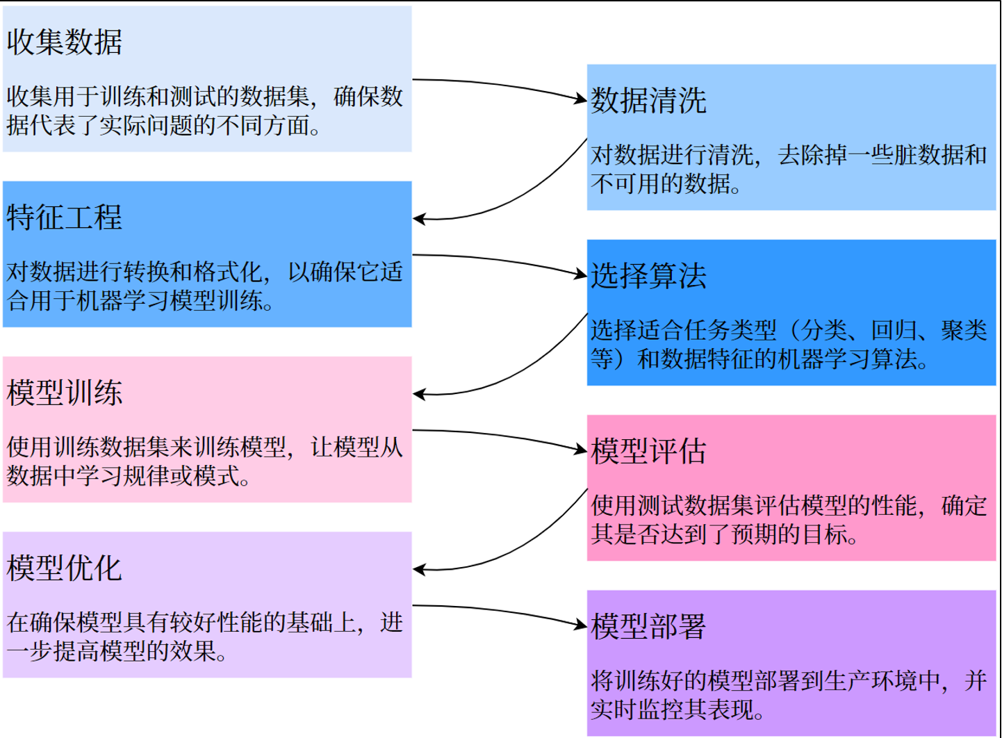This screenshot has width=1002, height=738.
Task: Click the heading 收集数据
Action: [x=65, y=42]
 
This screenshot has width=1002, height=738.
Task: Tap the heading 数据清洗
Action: [x=648, y=100]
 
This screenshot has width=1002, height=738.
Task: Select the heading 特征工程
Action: [x=65, y=217]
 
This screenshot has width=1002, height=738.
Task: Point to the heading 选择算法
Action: [x=648, y=276]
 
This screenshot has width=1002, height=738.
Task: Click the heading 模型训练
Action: [x=65, y=393]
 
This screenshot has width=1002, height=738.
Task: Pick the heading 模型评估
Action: [x=648, y=451]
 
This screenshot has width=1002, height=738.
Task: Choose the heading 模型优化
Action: [x=65, y=568]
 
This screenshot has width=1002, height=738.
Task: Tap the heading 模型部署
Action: [x=648, y=626]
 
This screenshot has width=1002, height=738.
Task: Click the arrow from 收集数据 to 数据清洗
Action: [x=500, y=86]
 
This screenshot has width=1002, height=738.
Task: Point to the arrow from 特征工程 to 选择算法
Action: [x=500, y=261]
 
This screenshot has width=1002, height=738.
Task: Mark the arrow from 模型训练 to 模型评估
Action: [x=500, y=437]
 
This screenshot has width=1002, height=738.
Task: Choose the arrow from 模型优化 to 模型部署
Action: [x=500, y=612]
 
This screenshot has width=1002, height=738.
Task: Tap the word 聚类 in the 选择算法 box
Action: [x=964, y=330]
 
